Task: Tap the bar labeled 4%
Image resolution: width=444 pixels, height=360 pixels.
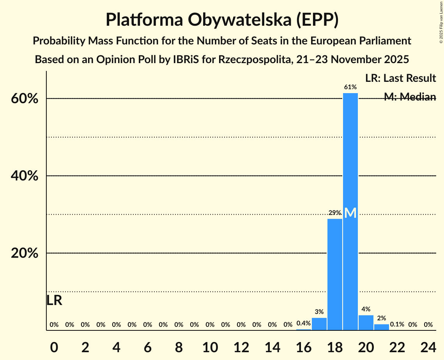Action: [x=366, y=323]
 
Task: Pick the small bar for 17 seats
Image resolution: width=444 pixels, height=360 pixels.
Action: [x=319, y=324]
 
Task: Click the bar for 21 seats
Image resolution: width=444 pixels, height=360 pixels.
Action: [x=382, y=327]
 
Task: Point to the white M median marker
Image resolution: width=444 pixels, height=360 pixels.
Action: [x=350, y=213]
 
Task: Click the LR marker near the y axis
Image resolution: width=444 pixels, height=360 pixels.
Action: [x=54, y=300]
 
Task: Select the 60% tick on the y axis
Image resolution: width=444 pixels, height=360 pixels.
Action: [x=24, y=99]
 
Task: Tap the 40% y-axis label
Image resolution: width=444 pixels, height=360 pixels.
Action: [x=24, y=176]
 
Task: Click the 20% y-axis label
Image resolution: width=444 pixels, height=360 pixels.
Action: [x=24, y=253]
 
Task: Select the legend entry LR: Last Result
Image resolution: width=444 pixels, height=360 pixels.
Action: [x=400, y=78]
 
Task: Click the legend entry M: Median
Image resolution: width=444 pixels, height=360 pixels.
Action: [x=410, y=97]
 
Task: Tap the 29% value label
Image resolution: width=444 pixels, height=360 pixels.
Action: [x=335, y=213]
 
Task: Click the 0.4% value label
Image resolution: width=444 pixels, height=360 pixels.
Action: [x=304, y=323]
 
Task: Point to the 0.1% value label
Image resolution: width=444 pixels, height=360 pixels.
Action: [x=397, y=325]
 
